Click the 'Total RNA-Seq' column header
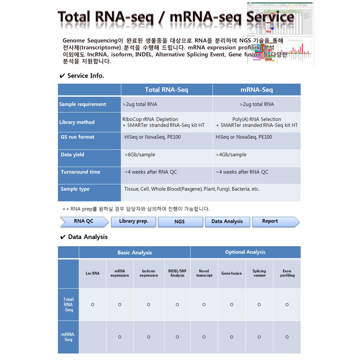(166, 90)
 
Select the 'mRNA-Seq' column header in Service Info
(256, 90)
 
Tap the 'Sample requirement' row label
(82, 104)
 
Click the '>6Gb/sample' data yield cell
(140, 155)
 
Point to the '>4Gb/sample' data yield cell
(231, 155)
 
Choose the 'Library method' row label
(77, 122)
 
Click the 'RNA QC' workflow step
(84, 221)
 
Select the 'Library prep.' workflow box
(134, 221)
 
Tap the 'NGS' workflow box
(180, 222)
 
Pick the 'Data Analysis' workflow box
(227, 222)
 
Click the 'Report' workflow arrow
(270, 221)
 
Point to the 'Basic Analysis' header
(135, 252)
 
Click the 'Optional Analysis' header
(245, 252)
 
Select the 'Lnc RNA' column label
(93, 273)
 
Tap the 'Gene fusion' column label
(231, 273)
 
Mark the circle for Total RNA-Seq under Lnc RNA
(93, 305)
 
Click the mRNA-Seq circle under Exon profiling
(287, 337)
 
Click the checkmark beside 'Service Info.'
(62, 76)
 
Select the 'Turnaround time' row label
(81, 172)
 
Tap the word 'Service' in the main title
(270, 17)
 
